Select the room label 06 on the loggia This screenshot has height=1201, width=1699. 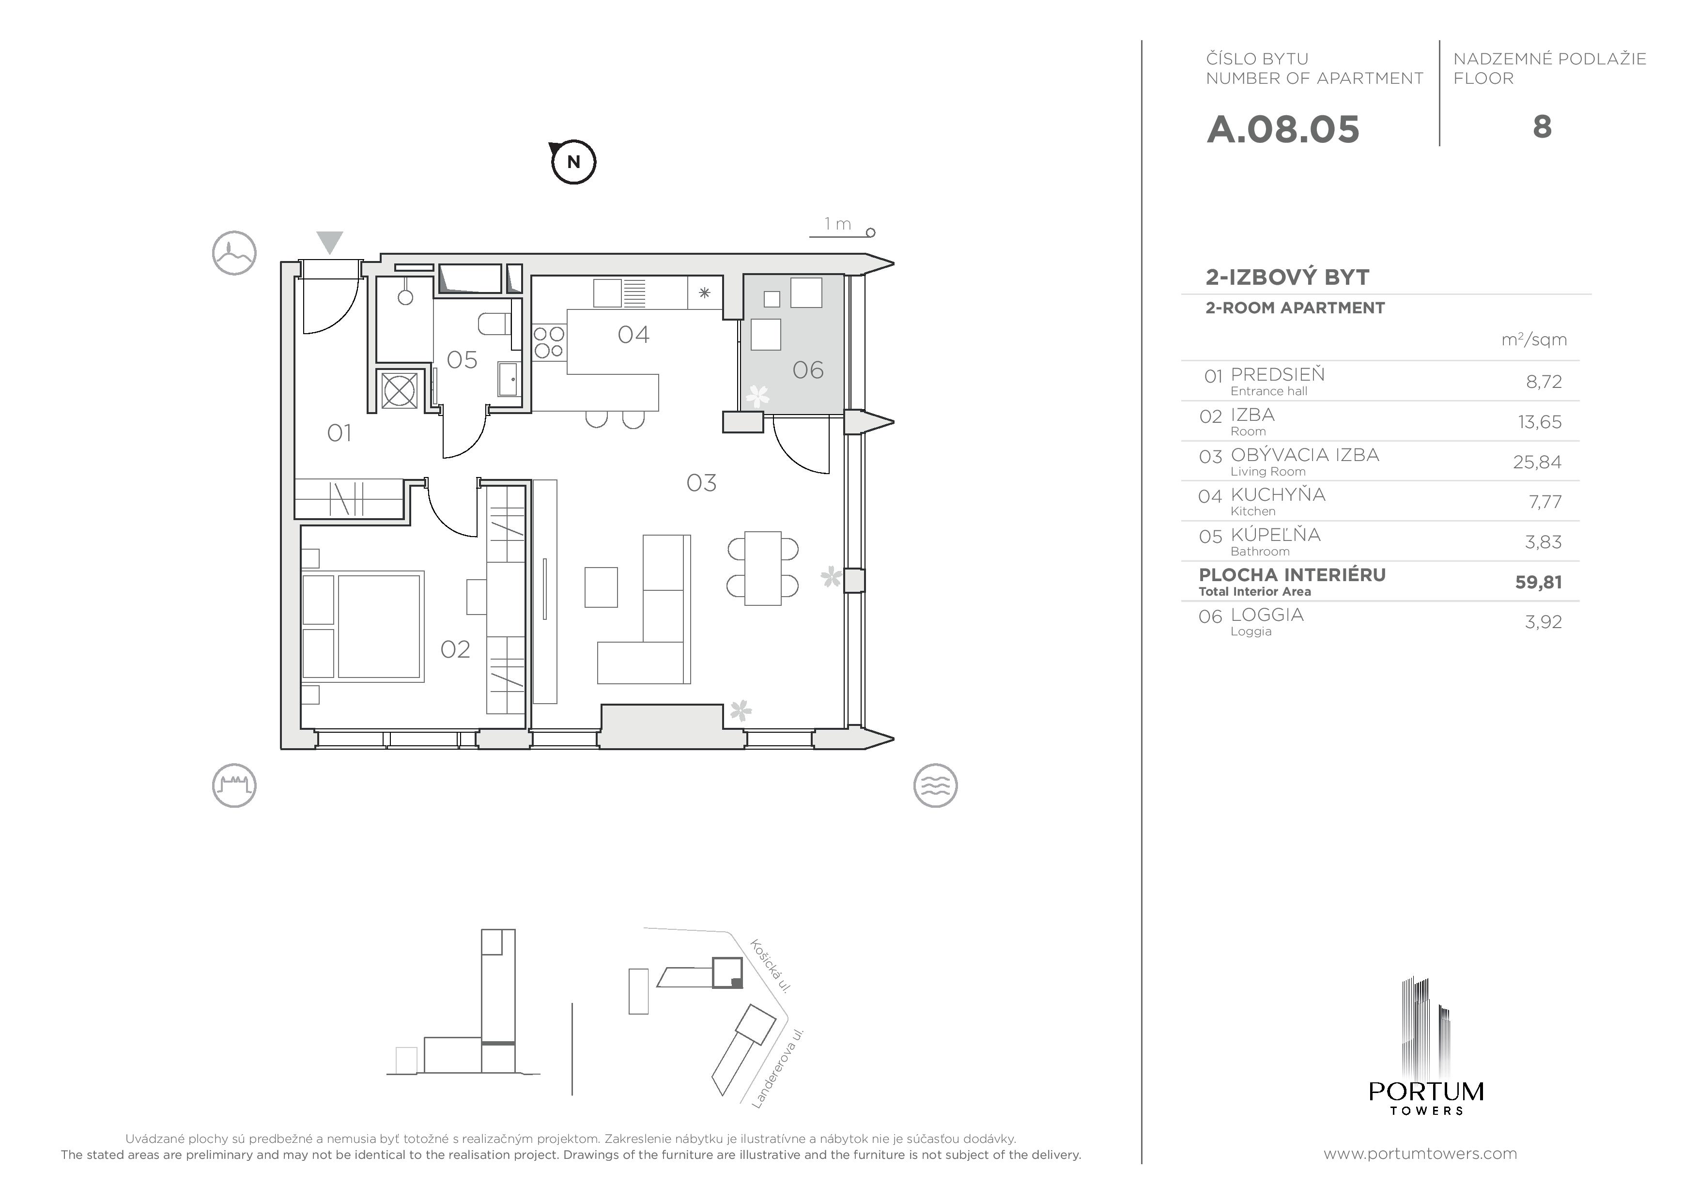[x=807, y=370]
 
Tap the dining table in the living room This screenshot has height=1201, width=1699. [x=763, y=569]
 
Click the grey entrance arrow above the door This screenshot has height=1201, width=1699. [x=330, y=243]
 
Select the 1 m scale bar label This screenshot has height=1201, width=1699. [x=838, y=223]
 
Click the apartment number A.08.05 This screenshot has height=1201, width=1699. [x=1282, y=129]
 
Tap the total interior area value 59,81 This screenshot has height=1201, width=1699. [x=1538, y=583]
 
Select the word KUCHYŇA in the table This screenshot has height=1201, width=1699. [x=1278, y=494]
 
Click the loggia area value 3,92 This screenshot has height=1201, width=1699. [x=1543, y=622]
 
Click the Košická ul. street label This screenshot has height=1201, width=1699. [x=771, y=966]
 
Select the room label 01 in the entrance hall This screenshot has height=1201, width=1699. [x=339, y=433]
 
